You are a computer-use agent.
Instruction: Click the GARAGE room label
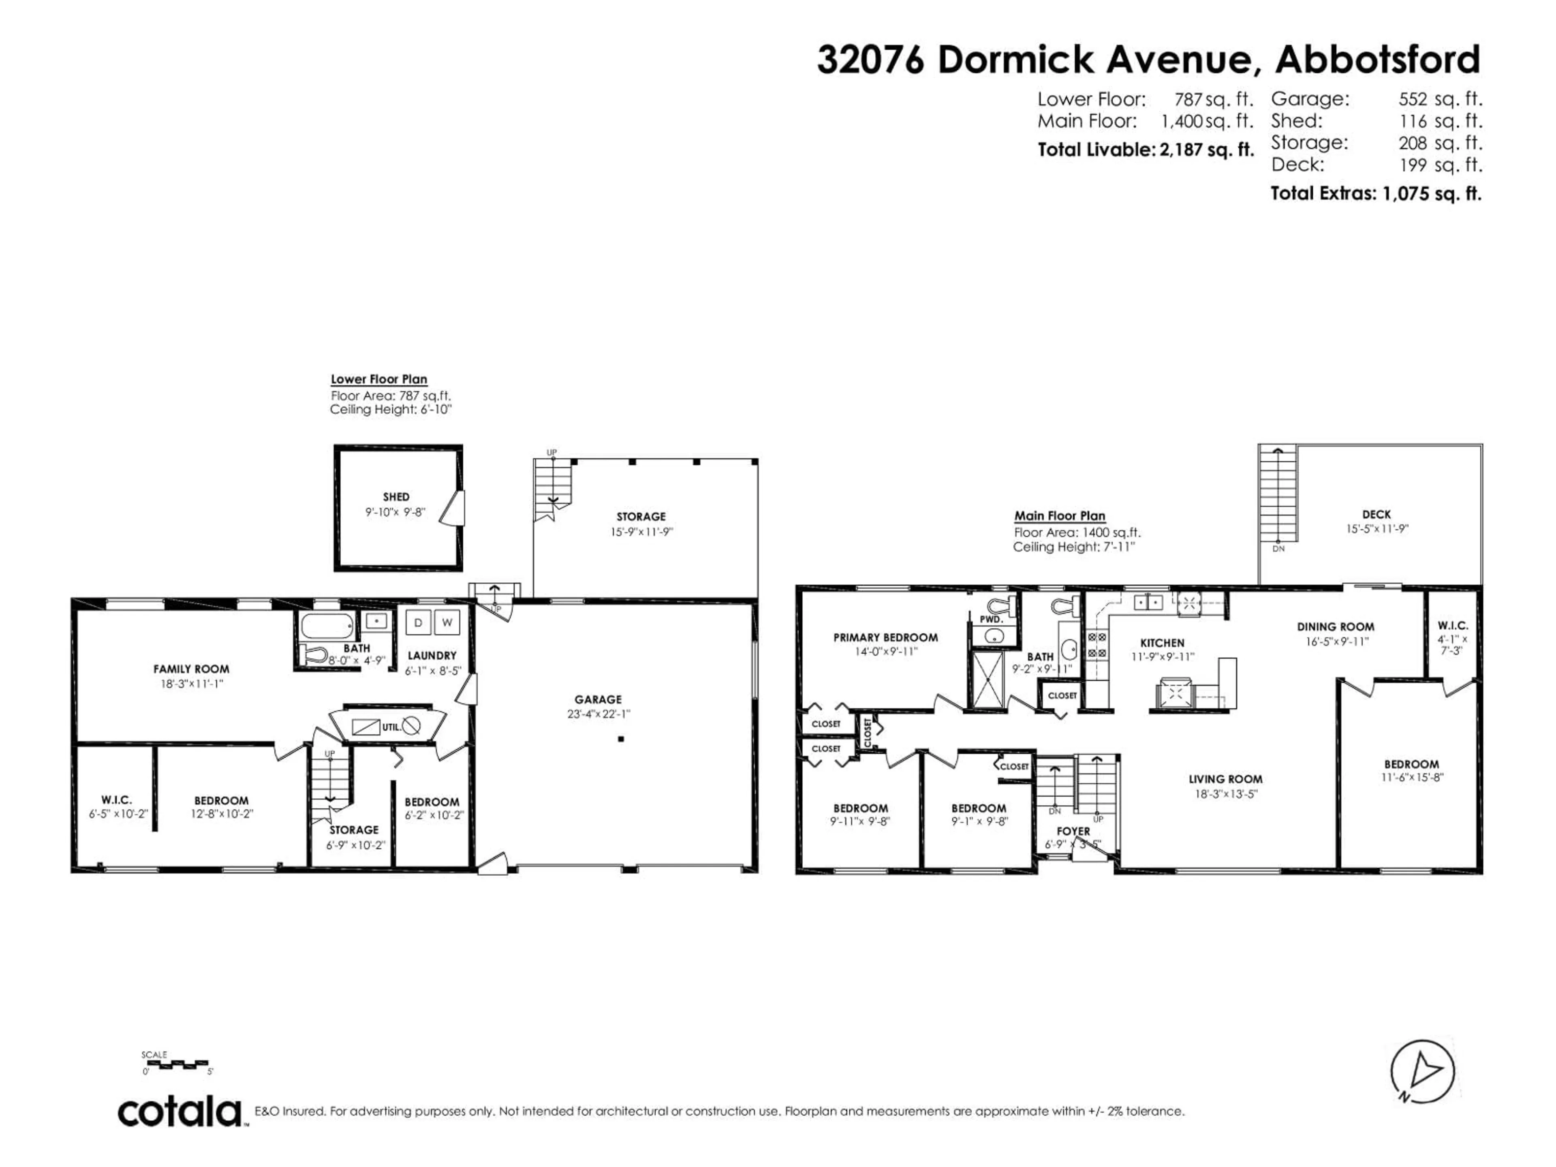(x=598, y=699)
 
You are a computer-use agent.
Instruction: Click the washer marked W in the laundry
(x=447, y=622)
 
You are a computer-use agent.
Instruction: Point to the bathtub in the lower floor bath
(x=327, y=625)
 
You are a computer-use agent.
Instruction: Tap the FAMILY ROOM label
(x=191, y=669)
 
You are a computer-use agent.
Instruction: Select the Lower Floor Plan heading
(x=379, y=379)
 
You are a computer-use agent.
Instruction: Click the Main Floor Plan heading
(x=1059, y=515)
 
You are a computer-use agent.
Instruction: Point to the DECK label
(x=1376, y=515)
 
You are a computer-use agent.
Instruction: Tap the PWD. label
(x=991, y=620)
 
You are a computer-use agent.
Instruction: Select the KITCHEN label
(x=1162, y=642)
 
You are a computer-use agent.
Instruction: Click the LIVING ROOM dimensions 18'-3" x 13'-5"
(x=1225, y=793)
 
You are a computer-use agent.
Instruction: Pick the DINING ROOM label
(x=1335, y=627)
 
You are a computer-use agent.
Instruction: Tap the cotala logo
(x=180, y=1112)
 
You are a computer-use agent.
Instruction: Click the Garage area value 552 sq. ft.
(x=1440, y=99)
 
